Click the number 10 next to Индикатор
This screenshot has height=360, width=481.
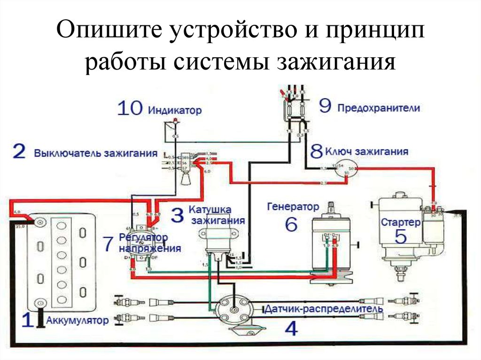click(x=129, y=109)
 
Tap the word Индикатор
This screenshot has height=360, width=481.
click(x=175, y=111)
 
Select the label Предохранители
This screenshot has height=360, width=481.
click(x=378, y=107)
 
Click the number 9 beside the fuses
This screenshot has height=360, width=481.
click(x=326, y=106)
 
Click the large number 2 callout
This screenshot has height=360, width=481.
click(x=19, y=152)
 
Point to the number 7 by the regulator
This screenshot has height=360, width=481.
click(x=108, y=243)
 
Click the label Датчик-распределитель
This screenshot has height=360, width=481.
click(x=324, y=309)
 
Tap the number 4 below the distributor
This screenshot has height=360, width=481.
click(x=291, y=328)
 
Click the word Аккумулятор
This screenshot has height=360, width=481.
click(x=78, y=321)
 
